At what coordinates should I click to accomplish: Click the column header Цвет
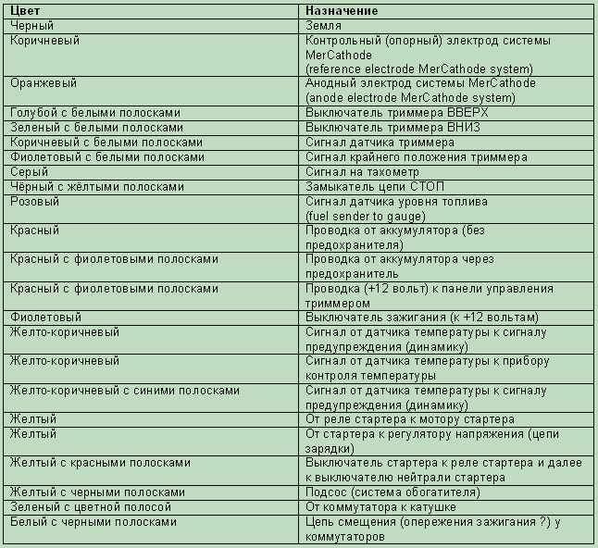(x=24, y=11)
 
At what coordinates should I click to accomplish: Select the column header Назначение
(x=343, y=11)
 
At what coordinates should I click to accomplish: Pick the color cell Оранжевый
(x=43, y=83)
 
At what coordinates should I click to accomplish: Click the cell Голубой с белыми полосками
(x=95, y=113)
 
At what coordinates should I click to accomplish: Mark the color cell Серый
(x=29, y=172)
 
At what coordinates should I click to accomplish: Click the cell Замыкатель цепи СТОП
(x=378, y=187)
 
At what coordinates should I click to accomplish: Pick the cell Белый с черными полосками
(x=93, y=522)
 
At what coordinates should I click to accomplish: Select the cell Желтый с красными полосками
(x=100, y=463)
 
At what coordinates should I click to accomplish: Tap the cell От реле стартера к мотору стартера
(x=409, y=419)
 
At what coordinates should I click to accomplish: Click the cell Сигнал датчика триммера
(x=380, y=143)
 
